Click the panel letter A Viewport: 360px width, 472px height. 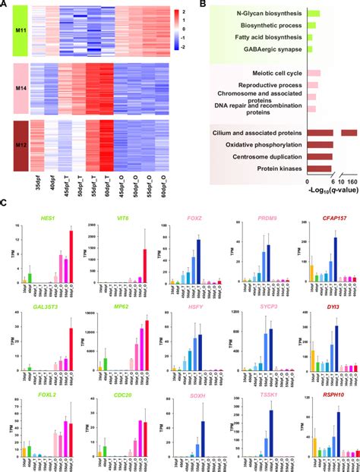tap(5, 5)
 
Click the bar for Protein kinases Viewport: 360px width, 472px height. tap(318, 168)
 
